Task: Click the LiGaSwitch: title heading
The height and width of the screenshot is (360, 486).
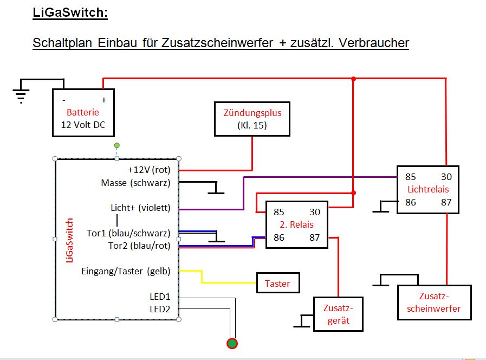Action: click(x=70, y=12)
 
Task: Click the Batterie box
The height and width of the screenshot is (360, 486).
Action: click(x=83, y=113)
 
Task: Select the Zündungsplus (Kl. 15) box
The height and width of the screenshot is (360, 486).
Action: click(x=252, y=119)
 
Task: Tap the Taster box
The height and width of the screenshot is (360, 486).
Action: click(x=277, y=283)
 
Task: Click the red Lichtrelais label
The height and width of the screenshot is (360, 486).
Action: click(x=428, y=189)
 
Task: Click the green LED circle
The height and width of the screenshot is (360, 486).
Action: click(x=232, y=343)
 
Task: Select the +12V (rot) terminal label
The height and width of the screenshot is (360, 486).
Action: click(x=149, y=170)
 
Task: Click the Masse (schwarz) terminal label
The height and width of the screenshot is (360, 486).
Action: click(x=135, y=183)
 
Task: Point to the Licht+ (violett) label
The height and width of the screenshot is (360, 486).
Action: click(x=140, y=208)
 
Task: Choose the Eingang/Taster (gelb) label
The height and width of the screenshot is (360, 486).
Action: click(x=125, y=271)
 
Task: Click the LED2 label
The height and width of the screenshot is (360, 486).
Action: click(x=160, y=309)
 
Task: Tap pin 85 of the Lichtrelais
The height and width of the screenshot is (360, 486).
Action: click(x=410, y=177)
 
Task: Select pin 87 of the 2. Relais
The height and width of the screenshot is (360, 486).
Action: click(x=314, y=237)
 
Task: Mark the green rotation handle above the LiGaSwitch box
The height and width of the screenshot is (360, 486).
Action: click(x=116, y=146)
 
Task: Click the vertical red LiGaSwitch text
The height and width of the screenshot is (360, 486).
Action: click(x=69, y=240)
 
